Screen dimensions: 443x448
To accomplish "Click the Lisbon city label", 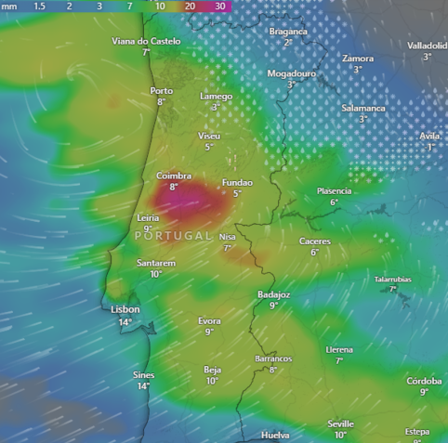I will coord(125,309).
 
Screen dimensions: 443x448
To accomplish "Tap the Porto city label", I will coord(161,90).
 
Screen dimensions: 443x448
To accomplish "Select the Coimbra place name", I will coord(174,175).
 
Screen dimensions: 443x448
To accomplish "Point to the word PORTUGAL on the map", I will coord(174,236).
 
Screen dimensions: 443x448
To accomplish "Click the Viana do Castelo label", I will coord(146,41).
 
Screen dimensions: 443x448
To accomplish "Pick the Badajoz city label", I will coord(273,294).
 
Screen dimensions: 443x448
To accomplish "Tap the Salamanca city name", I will coord(362,108).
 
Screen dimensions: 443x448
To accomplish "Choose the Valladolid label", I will coord(427,45).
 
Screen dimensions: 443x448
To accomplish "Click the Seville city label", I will coord(340,423).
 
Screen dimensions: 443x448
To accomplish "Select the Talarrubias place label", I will coord(393,279).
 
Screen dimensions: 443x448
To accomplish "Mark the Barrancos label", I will coord(273,358).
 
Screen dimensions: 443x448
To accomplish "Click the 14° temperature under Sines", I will coord(143,385).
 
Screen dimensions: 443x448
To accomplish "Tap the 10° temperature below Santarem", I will coord(155,274).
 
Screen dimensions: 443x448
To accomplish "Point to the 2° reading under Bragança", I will coord(288,42).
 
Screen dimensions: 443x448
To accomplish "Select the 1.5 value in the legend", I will coord(40,6).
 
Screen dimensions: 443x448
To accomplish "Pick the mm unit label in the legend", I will coord(8,6).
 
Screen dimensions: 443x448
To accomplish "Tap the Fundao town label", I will coord(238,183).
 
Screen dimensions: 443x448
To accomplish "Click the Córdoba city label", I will coord(424,381).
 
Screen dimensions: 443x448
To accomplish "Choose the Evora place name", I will coord(209,320).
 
